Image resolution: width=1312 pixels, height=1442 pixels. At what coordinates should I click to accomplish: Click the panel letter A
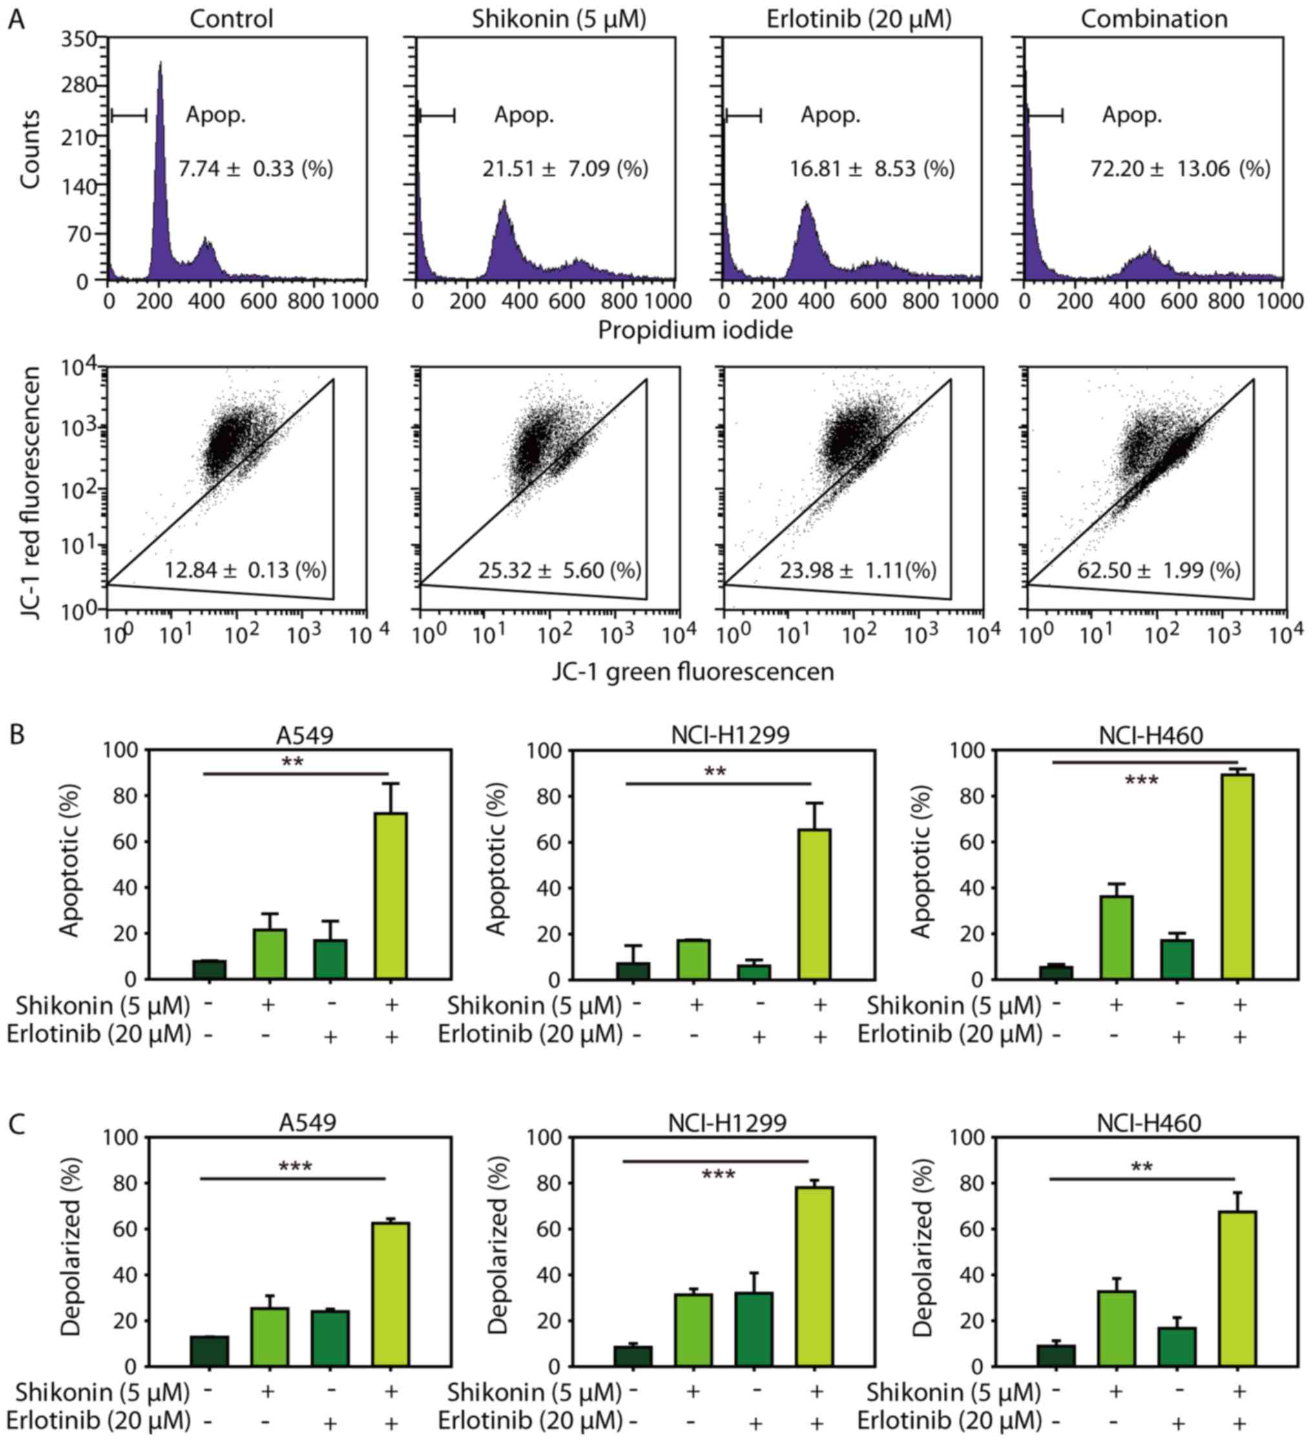(x=16, y=19)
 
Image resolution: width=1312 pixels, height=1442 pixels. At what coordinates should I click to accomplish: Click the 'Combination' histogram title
(x=1154, y=19)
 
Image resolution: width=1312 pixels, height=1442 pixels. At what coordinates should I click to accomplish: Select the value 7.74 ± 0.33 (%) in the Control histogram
(x=255, y=169)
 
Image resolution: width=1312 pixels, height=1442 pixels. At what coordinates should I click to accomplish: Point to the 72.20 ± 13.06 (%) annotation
(x=1180, y=169)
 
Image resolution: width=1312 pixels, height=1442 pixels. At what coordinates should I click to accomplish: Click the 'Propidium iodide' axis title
(x=695, y=330)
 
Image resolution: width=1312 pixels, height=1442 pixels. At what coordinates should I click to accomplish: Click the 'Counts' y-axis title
(x=30, y=150)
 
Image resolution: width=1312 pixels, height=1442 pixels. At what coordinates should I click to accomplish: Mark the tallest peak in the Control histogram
(x=160, y=68)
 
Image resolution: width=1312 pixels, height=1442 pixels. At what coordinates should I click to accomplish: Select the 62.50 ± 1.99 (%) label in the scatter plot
(x=1159, y=570)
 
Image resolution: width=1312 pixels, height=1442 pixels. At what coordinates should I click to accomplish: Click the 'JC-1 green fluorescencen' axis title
(x=693, y=672)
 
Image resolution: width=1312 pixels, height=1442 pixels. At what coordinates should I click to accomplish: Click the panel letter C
(x=16, y=1124)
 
